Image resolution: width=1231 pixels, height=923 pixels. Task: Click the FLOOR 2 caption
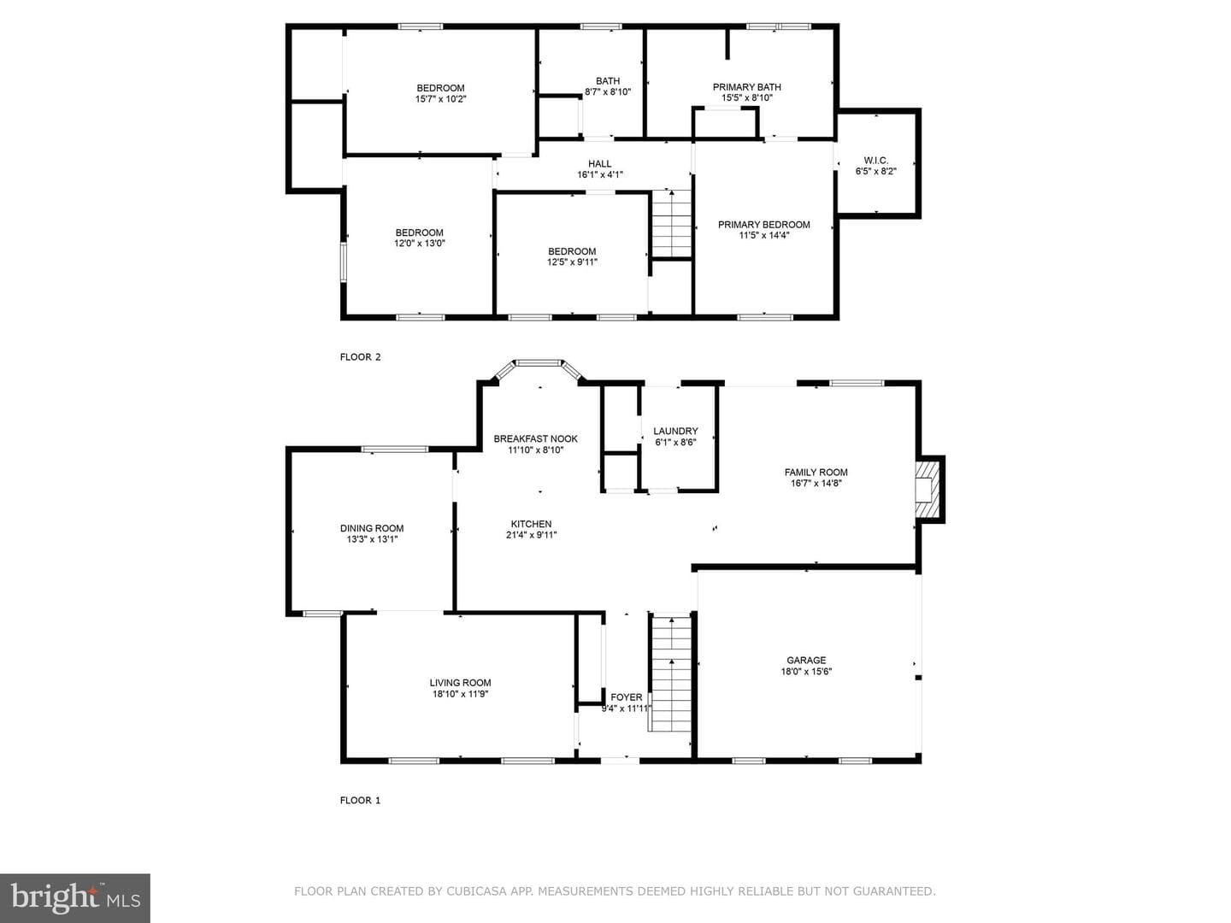click(x=360, y=357)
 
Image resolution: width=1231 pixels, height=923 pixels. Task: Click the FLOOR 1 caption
click(x=360, y=800)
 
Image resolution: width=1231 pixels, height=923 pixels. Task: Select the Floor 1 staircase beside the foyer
click(x=670, y=673)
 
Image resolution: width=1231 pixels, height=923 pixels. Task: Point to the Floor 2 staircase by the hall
click(x=671, y=224)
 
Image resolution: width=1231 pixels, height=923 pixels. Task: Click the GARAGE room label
click(x=806, y=660)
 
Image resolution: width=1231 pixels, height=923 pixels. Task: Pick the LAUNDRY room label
click(x=675, y=431)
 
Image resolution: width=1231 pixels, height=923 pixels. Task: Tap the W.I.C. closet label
click(x=875, y=161)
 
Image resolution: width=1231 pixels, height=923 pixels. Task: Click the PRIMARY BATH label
click(x=746, y=87)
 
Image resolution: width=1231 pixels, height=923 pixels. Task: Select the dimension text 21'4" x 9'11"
click(x=531, y=535)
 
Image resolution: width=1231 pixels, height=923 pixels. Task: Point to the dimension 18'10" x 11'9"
click(x=460, y=694)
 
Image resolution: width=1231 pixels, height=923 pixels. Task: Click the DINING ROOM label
click(x=372, y=528)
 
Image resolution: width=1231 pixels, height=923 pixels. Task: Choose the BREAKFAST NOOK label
click(x=536, y=438)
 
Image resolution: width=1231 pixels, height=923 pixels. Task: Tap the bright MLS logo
click(x=75, y=898)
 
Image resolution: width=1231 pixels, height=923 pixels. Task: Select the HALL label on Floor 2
click(x=599, y=163)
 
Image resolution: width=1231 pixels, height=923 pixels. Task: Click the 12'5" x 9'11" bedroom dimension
click(x=572, y=262)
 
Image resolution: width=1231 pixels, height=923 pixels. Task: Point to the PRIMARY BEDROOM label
click(x=764, y=225)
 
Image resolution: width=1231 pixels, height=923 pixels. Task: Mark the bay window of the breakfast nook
click(x=539, y=367)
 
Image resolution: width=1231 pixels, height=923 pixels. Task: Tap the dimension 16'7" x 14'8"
click(x=816, y=483)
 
